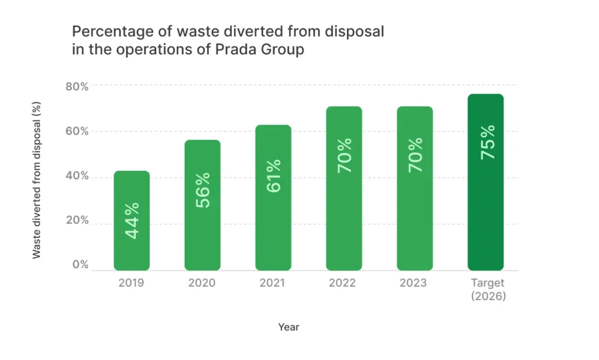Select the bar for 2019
132,221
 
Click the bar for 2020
202,205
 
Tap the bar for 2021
273,197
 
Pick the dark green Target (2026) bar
486,182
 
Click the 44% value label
132,221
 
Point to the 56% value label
203,191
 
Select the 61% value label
273,176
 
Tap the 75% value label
486,142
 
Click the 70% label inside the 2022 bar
344,155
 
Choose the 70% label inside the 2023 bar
415,155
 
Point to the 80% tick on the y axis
76,87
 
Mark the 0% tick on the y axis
80,265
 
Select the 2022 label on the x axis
344,283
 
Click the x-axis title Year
288,327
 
